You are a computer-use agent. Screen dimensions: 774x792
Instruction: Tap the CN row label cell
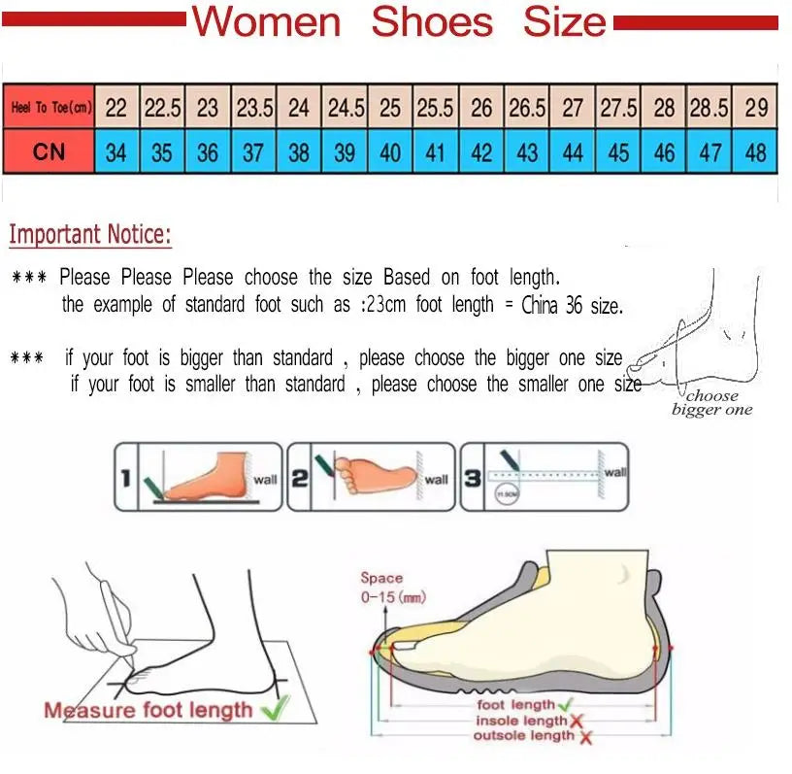click(49, 152)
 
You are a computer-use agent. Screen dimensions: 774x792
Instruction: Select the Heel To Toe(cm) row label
click(49, 108)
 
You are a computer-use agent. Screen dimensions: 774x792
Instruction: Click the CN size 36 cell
click(208, 152)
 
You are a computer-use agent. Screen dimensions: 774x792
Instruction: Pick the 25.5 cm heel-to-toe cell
click(435, 108)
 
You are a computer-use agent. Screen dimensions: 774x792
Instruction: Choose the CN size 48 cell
click(755, 152)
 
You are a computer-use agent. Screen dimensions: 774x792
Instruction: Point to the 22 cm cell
click(116, 108)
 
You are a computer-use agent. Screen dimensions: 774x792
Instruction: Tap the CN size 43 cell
click(527, 152)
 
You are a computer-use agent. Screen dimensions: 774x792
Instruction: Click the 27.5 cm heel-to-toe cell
click(617, 108)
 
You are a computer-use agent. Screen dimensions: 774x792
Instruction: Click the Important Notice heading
click(90, 234)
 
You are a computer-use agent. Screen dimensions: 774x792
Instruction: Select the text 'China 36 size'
click(572, 305)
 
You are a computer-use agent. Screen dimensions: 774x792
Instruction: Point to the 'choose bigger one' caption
click(711, 402)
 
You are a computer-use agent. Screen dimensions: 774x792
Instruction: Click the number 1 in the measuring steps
click(125, 478)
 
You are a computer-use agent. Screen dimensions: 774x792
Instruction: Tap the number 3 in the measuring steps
click(472, 477)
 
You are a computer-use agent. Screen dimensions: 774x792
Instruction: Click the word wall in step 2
click(436, 479)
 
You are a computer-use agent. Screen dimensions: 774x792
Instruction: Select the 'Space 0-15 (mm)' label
click(392, 588)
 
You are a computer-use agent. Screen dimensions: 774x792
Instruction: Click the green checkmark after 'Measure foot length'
click(276, 709)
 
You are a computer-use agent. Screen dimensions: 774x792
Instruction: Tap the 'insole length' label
click(521, 721)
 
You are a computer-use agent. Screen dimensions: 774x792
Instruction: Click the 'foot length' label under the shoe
click(516, 705)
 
